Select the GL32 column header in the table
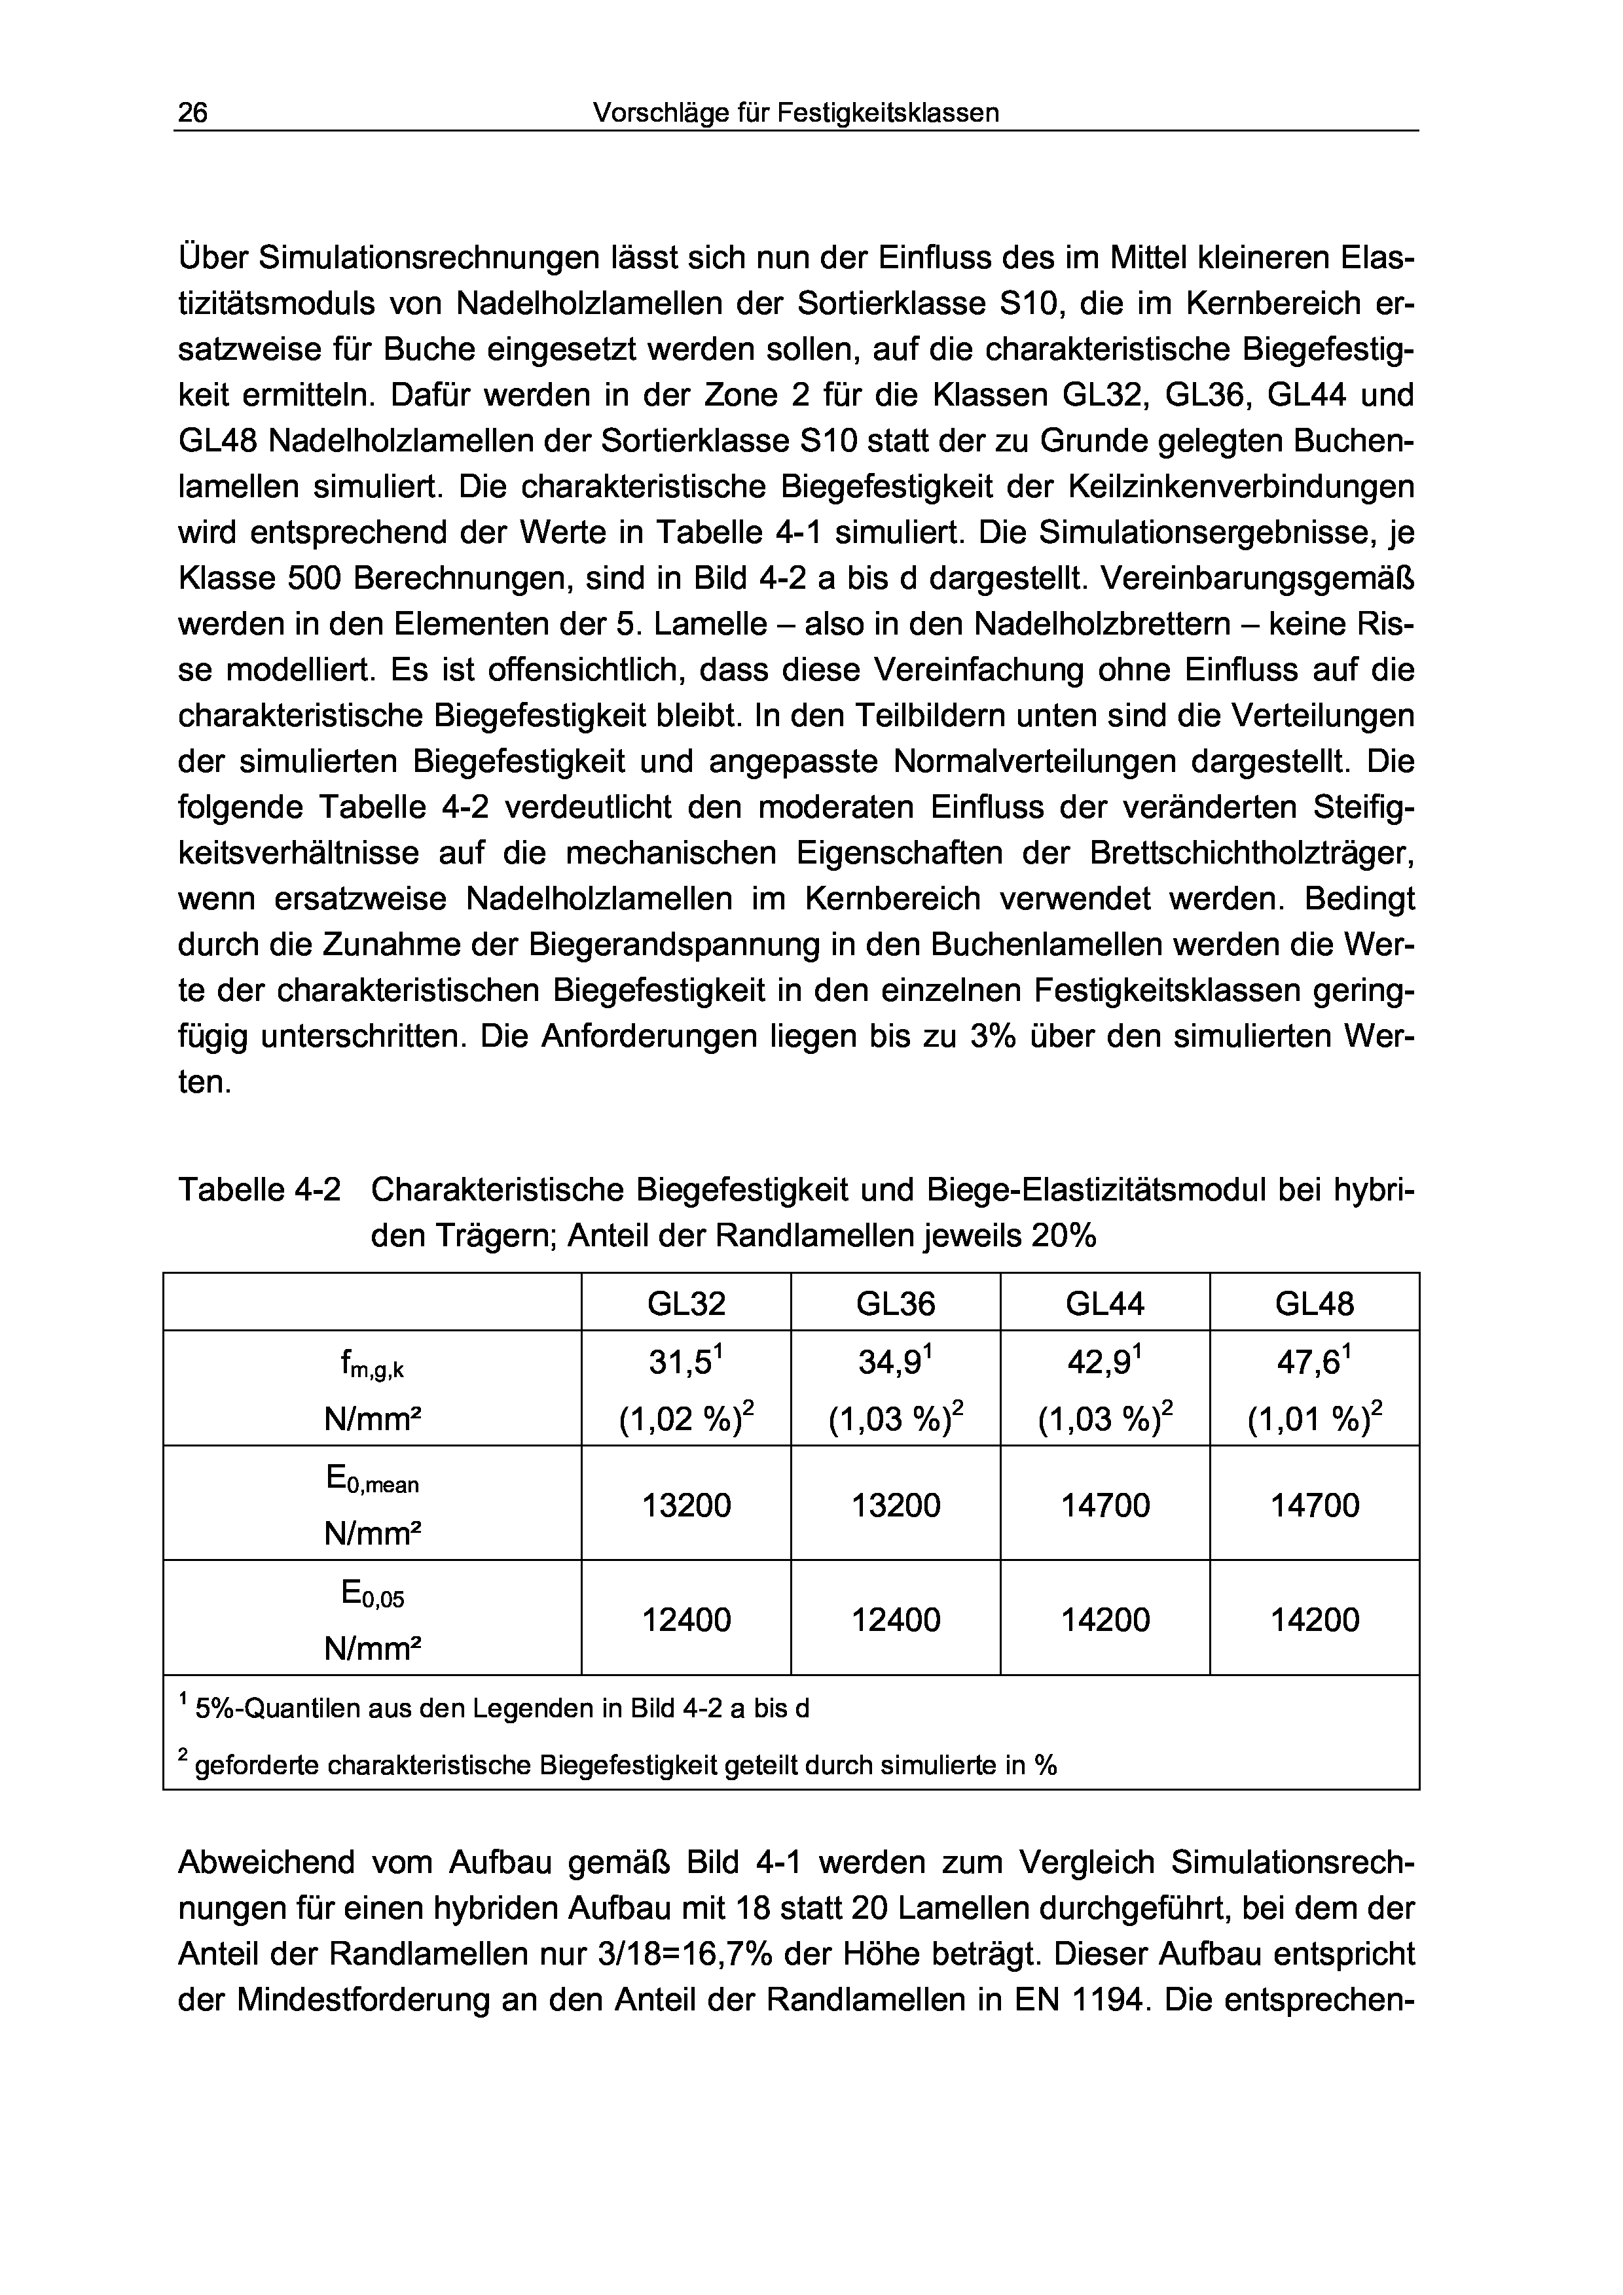[686, 1303]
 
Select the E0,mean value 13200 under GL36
[896, 1505]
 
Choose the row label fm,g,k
[372, 1365]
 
